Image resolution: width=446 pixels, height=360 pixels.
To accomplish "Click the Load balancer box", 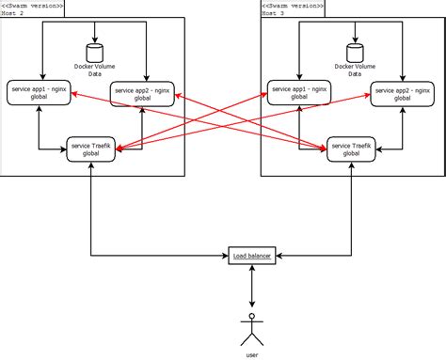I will click(x=252, y=256).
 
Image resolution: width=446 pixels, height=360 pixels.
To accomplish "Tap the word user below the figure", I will click(x=252, y=354).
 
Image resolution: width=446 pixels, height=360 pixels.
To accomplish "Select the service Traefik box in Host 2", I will click(x=92, y=149).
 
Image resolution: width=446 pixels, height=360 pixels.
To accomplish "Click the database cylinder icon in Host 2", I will click(x=93, y=53).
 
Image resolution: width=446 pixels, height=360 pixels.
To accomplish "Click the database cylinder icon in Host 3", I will click(x=354, y=53).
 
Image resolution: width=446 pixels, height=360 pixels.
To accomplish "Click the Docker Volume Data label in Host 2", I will click(x=93, y=70).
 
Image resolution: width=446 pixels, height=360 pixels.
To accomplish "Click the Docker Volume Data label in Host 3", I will click(x=354, y=70).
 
